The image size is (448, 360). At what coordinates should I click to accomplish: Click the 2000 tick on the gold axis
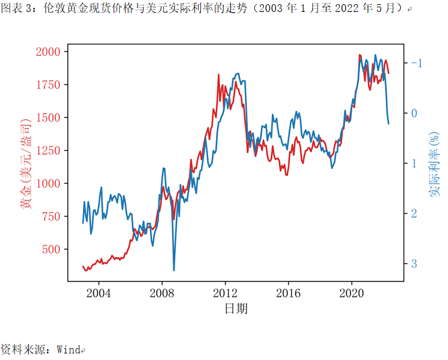[48, 52]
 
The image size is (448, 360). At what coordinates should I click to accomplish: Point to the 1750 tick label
[48, 85]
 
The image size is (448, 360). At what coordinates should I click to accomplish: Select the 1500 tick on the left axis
[48, 118]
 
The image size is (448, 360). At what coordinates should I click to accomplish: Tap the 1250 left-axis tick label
[48, 151]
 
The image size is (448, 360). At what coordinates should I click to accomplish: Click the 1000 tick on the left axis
[48, 184]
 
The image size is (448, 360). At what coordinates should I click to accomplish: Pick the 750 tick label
[52, 216]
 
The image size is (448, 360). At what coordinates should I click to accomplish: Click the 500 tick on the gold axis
[52, 249]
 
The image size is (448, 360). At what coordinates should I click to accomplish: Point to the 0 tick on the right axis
[413, 113]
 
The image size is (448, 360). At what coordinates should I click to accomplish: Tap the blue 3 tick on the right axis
[413, 263]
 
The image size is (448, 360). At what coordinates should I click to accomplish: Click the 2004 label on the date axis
[98, 293]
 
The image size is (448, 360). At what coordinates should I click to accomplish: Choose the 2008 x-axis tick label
[161, 293]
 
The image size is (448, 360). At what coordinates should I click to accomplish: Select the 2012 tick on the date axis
[225, 293]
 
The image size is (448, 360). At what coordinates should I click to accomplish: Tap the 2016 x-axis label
[288, 293]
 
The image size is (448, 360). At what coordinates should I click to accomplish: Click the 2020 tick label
[352, 293]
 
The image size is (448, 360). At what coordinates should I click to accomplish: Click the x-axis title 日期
[236, 309]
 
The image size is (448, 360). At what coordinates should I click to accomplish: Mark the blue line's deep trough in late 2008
[174, 270]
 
